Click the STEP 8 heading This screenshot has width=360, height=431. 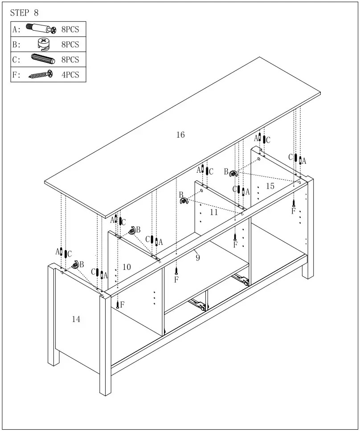pos(24,13)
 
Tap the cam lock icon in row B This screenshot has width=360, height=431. pos(44,44)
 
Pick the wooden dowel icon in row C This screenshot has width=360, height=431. pos(42,59)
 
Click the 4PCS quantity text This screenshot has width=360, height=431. pos(70,75)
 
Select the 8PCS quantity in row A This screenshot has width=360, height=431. pos(70,29)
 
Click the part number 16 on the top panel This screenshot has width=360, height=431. pos(180,135)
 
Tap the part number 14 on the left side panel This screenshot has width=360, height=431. pos(76,319)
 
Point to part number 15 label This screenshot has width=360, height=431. pos(270,186)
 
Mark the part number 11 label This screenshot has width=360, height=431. pos(214,212)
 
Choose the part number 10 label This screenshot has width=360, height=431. pos(127,267)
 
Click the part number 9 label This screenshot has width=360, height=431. pos(197,258)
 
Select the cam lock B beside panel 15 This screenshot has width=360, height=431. pos(233,173)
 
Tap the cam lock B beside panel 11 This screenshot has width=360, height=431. pos(184,201)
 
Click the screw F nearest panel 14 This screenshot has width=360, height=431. pos(118,305)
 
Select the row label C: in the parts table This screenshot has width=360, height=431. pos(16,60)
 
